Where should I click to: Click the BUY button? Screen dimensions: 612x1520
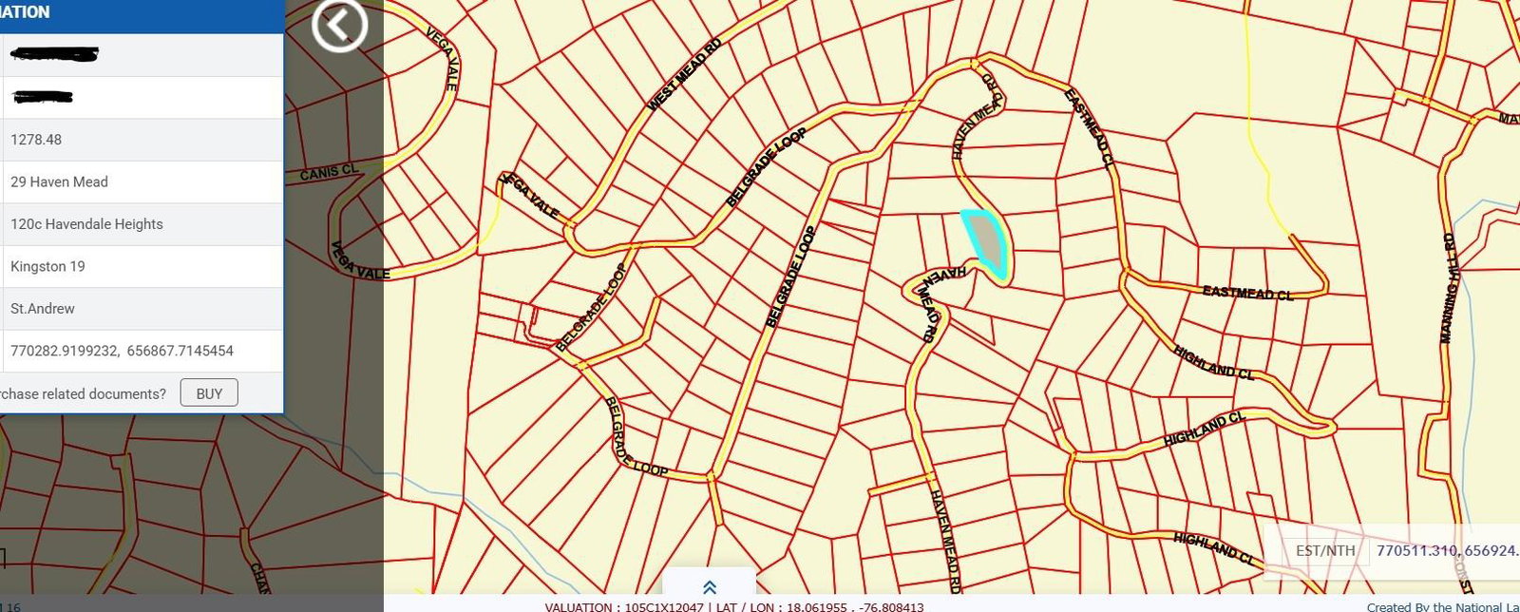(209, 393)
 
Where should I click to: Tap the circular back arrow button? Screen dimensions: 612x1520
(339, 26)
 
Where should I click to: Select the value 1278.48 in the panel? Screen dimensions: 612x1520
(36, 140)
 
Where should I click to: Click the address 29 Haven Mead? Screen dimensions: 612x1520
(59, 182)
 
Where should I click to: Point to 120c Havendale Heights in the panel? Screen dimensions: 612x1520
(86, 224)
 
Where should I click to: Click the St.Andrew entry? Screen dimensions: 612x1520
(43, 309)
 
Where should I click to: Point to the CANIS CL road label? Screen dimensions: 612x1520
(329, 173)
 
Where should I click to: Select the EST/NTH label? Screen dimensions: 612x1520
(1325, 550)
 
